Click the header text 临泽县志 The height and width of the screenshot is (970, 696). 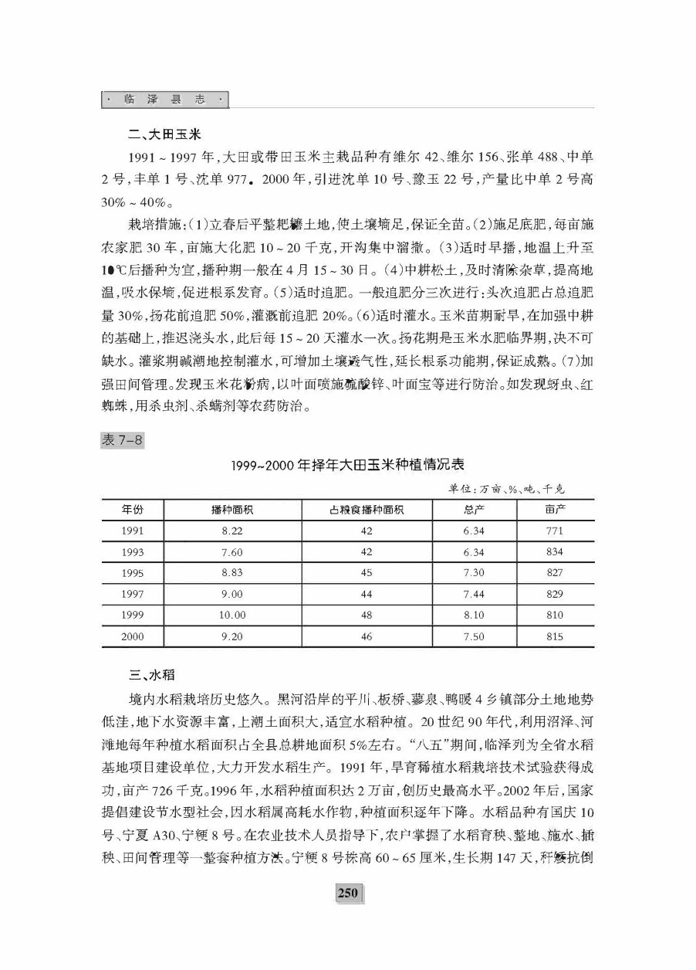165,100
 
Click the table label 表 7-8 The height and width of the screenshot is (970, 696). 121,440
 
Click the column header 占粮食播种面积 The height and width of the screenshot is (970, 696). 366,510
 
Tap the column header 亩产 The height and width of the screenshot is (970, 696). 554,510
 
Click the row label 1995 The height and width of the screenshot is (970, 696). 133,573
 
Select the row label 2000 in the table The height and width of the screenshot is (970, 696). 133,637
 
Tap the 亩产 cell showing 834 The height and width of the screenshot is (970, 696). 554,552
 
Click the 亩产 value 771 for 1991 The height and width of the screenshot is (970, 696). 554,531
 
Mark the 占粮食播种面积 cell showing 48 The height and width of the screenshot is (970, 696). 366,616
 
